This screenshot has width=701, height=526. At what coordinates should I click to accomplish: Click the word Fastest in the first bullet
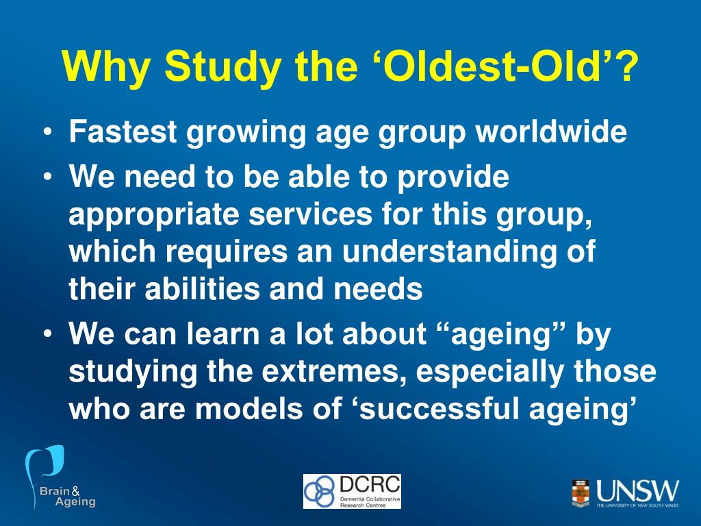[123, 132]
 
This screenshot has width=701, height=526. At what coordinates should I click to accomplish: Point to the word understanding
[446, 253]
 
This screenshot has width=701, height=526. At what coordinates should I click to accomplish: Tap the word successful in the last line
[453, 409]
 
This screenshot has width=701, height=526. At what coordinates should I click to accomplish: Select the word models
[253, 409]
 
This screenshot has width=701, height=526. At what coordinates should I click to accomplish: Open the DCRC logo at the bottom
[352, 491]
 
